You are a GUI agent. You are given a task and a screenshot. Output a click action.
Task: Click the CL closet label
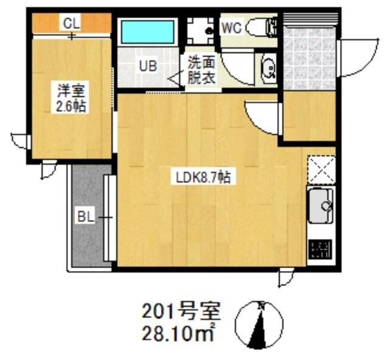pyautogui.click(x=72, y=24)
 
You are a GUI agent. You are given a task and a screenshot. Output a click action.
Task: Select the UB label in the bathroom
pyautogui.click(x=148, y=66)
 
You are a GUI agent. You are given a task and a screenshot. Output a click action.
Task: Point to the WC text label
pyautogui.click(x=232, y=27)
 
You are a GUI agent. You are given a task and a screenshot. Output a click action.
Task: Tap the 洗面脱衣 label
pyautogui.click(x=201, y=71)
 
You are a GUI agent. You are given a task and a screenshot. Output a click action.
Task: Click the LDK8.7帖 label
pyautogui.click(x=203, y=178)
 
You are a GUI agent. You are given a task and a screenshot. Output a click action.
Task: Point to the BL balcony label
pyautogui.click(x=84, y=216)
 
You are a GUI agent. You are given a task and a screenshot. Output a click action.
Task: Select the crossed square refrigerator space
pyautogui.click(x=321, y=169)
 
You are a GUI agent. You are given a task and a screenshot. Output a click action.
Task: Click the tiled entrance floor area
pyautogui.click(x=310, y=58)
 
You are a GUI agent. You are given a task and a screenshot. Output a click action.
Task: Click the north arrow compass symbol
pyautogui.click(x=260, y=325)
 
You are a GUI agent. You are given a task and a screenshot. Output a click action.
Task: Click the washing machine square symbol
pyautogui.click(x=201, y=29)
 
